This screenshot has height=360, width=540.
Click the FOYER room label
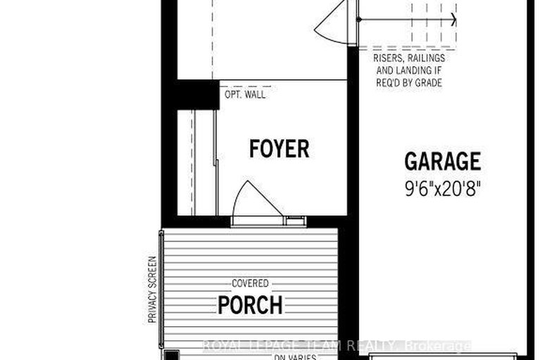279,149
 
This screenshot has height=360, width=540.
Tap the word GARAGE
443,161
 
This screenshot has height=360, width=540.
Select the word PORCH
250,306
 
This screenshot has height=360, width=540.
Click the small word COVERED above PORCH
250,283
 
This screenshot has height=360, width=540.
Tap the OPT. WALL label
245,95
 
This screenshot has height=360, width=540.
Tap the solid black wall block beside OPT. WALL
195,94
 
